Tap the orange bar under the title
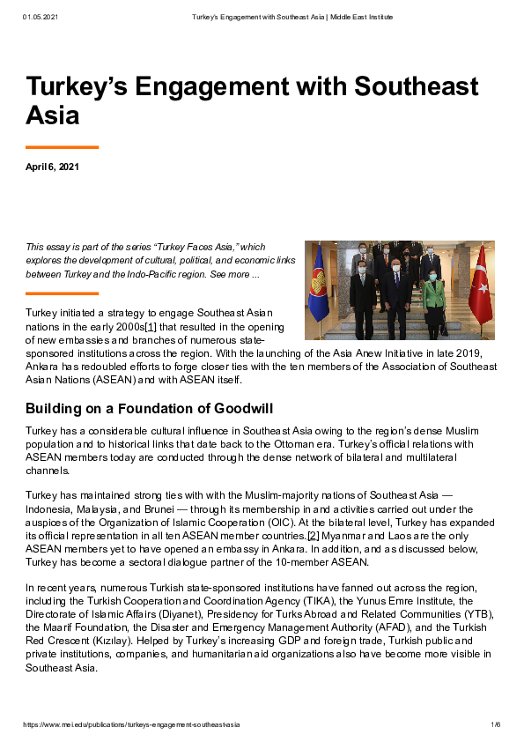point(62,147)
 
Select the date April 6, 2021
point(52,167)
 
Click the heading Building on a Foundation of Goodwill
point(150,408)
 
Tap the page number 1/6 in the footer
point(495,724)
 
